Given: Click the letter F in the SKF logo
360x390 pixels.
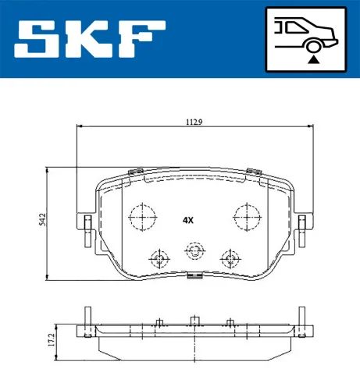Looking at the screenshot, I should pyautogui.click(x=141, y=39).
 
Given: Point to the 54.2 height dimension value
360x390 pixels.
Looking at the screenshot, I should pyautogui.click(x=43, y=222).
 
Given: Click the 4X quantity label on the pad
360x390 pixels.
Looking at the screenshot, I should pyautogui.click(x=188, y=220).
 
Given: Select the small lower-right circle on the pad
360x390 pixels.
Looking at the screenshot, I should pyautogui.click(x=230, y=259).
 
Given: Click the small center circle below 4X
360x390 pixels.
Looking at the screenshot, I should pyautogui.click(x=194, y=250).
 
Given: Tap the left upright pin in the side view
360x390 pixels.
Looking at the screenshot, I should pyautogui.click(x=88, y=320).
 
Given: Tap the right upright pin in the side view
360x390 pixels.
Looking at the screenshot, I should pyautogui.click(x=301, y=320).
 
